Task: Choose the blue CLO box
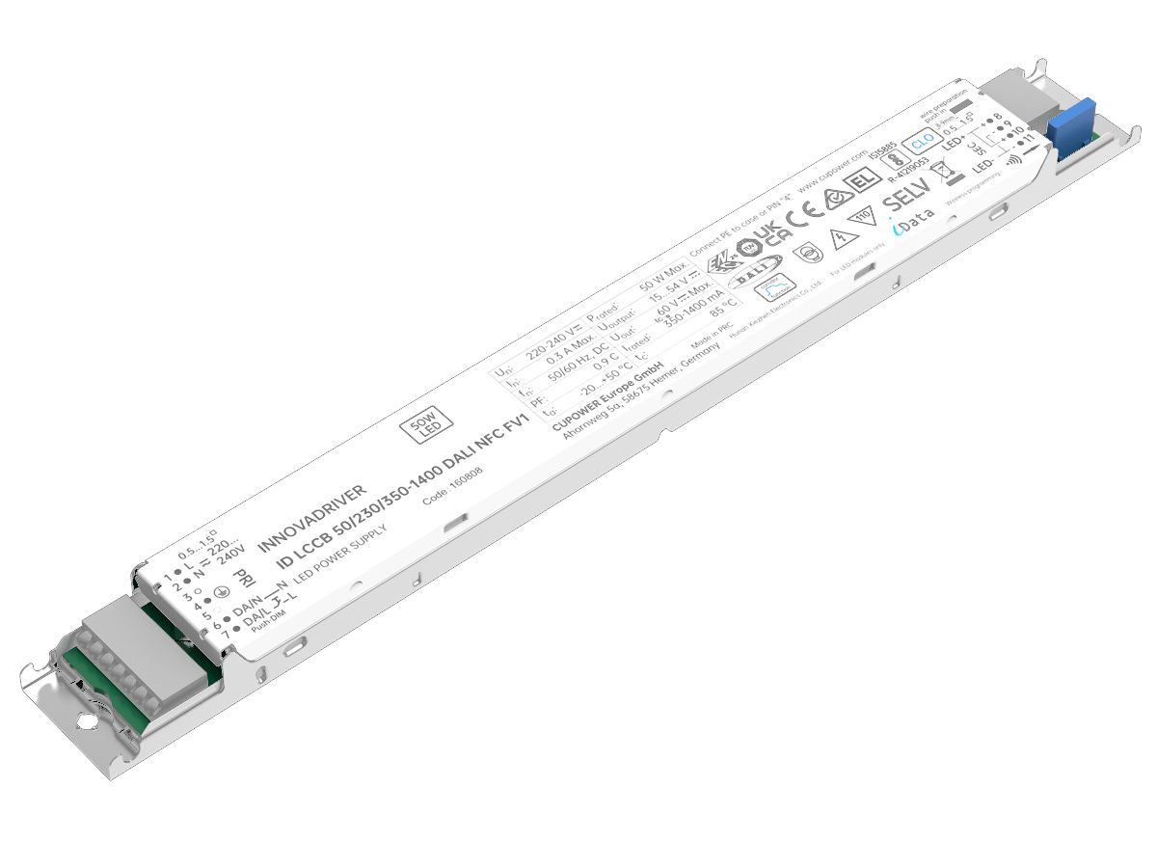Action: coord(920,138)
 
